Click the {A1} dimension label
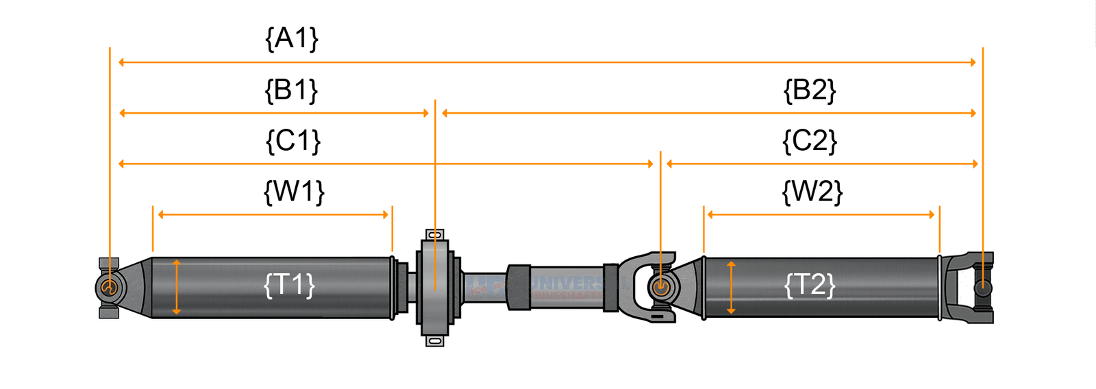292,38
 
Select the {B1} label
291,90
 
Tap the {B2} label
810,90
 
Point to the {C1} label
292,141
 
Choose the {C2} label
810,141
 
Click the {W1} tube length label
294,192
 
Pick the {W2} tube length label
812,192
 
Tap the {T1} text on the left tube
289,284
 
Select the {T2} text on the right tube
810,284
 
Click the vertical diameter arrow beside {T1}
177,287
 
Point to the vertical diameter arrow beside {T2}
731,287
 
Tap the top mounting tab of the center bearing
435,235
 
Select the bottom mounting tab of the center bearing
435,340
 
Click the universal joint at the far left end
108,287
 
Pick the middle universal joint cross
660,287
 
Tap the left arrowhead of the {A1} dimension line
122,62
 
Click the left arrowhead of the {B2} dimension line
445,113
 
